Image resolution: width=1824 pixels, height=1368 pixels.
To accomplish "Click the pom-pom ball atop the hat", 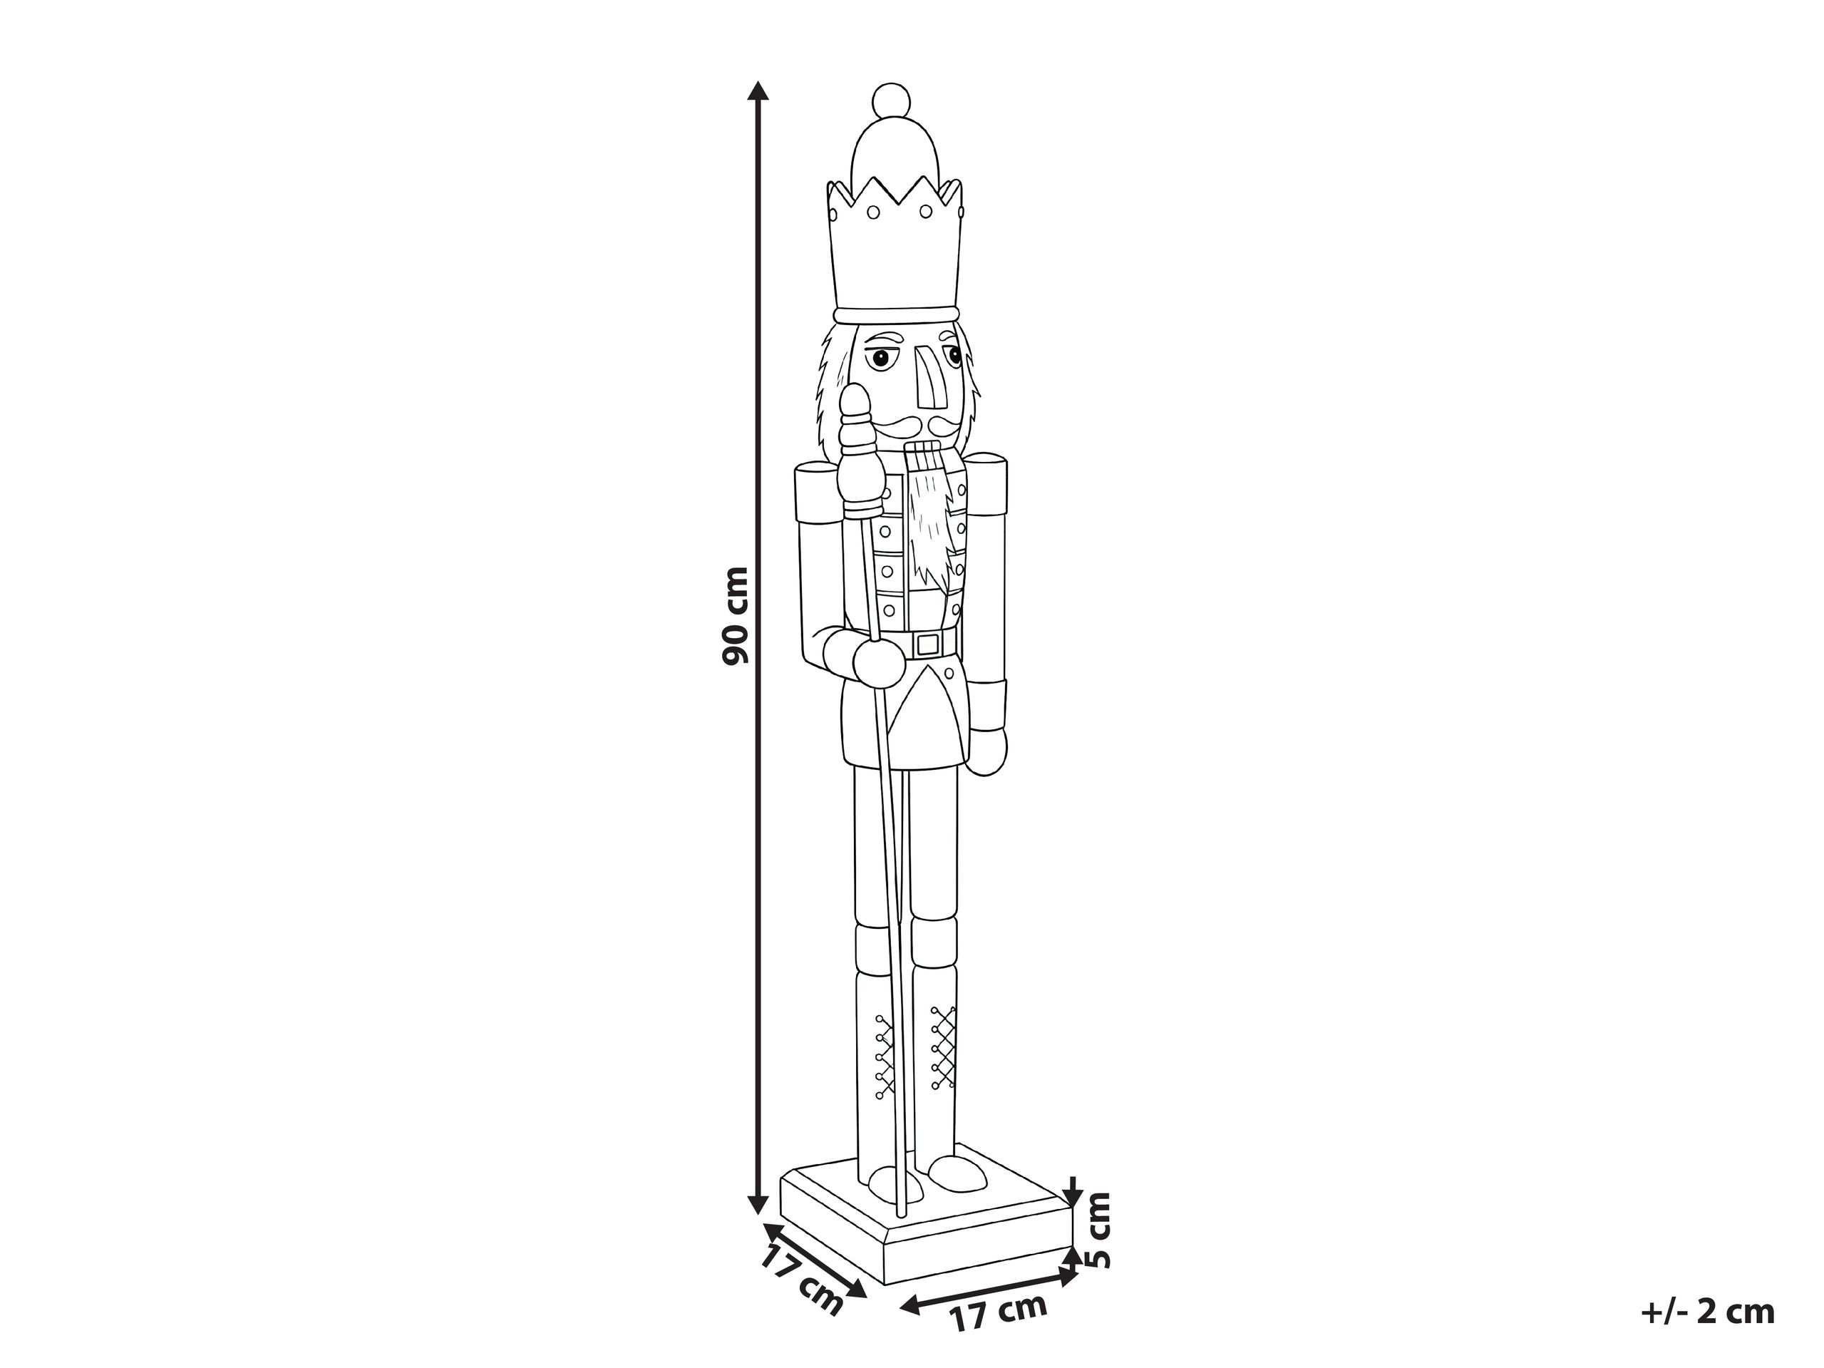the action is click(892, 101).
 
